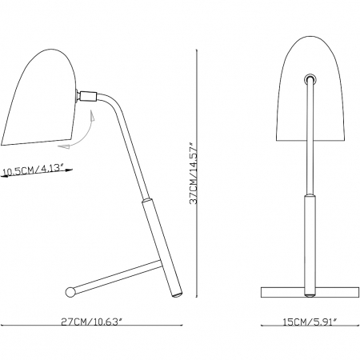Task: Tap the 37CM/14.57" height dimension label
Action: coord(194,172)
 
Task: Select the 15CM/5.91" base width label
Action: coord(309,322)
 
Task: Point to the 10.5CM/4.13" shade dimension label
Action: coord(34,170)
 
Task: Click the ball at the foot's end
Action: coord(70,292)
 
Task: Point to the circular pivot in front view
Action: coord(310,78)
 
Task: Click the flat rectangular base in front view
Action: coord(310,292)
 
